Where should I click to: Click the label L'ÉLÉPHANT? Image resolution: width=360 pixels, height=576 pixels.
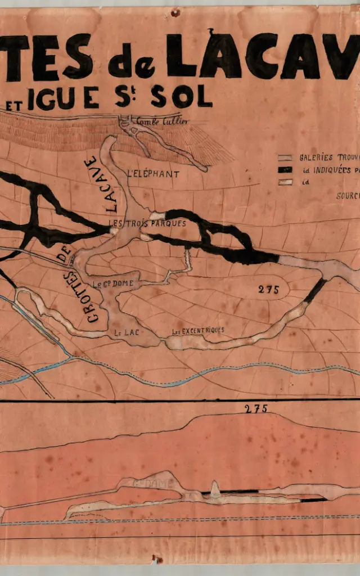(x=153, y=174)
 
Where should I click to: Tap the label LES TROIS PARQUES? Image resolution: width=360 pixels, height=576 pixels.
(x=147, y=223)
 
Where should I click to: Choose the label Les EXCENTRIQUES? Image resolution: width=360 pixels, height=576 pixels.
(x=198, y=330)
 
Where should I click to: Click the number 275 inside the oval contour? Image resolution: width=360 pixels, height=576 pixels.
(x=268, y=290)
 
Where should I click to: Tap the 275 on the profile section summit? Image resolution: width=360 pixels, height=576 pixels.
(x=256, y=409)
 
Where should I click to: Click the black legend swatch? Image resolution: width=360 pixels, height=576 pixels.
(x=285, y=170)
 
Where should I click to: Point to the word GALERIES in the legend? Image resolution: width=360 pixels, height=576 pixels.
(x=316, y=158)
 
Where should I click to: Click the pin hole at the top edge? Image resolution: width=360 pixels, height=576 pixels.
(x=175, y=12)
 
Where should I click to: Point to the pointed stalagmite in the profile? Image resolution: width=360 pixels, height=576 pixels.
(x=214, y=487)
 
